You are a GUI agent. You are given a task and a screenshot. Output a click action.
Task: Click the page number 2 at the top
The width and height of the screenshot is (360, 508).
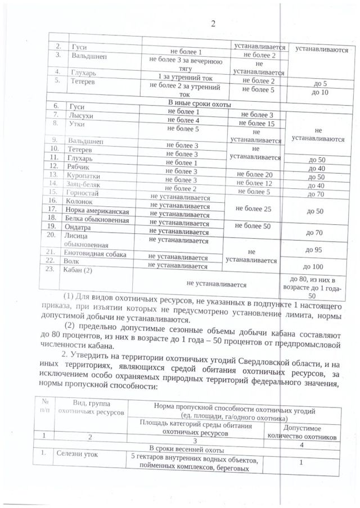pyautogui.click(x=213, y=23)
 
